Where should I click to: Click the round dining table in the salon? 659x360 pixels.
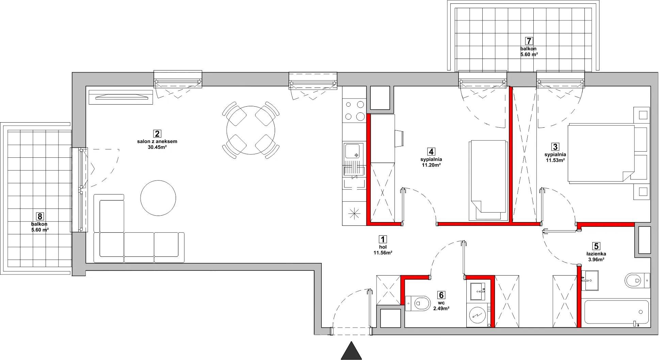[251, 130]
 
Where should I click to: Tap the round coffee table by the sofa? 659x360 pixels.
[158, 198]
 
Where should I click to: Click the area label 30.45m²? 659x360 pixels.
[157, 147]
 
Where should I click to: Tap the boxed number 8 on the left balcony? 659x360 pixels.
[40, 216]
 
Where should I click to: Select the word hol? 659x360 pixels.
[383, 247]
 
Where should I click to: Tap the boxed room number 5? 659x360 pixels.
[596, 246]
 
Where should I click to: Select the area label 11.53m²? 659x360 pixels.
[555, 160]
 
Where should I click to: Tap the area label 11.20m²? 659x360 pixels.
[431, 165]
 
